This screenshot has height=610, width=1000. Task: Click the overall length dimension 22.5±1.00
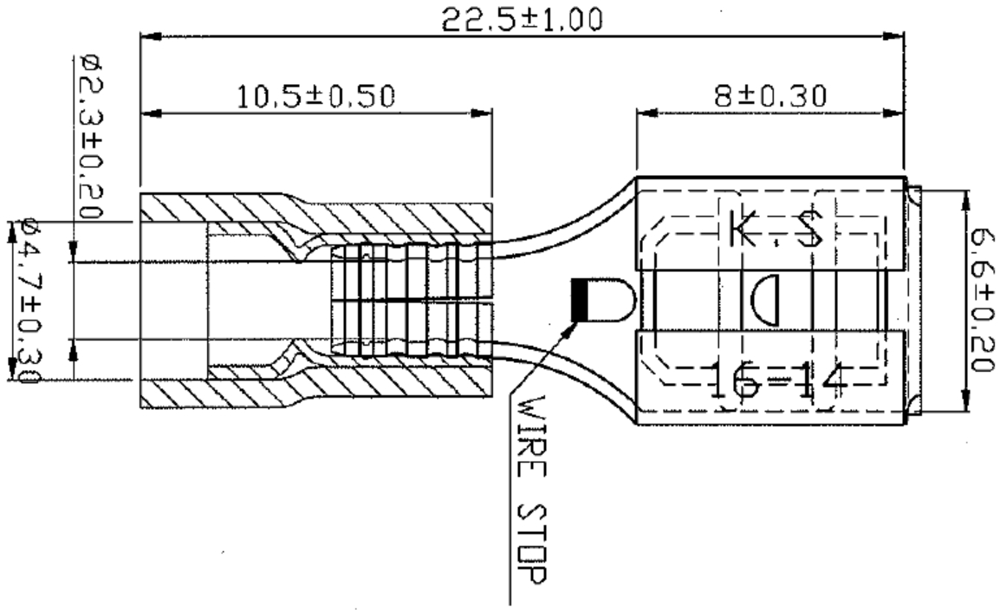[522, 19]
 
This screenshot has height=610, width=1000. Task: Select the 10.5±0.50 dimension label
[315, 95]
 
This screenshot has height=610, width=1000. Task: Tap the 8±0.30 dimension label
[769, 95]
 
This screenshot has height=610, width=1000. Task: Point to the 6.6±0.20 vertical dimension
[981, 300]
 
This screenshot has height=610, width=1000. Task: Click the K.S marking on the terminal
[776, 229]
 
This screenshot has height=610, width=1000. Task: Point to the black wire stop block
[580, 299]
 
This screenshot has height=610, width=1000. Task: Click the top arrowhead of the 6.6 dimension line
[965, 194]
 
